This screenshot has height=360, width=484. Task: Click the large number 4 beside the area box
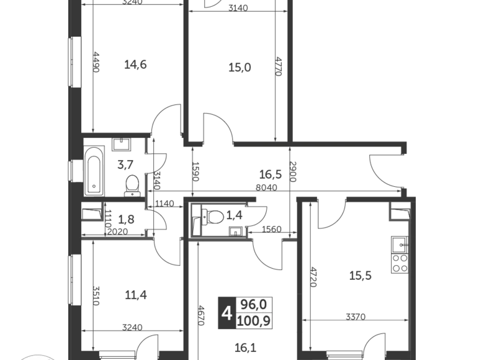tap(226, 313)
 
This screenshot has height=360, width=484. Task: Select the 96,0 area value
tap(253, 304)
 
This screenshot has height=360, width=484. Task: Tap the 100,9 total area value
tap(253, 321)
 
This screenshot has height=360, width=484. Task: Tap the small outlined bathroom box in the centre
tap(217, 219)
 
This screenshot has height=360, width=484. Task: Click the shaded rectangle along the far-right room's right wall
tap(398, 254)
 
